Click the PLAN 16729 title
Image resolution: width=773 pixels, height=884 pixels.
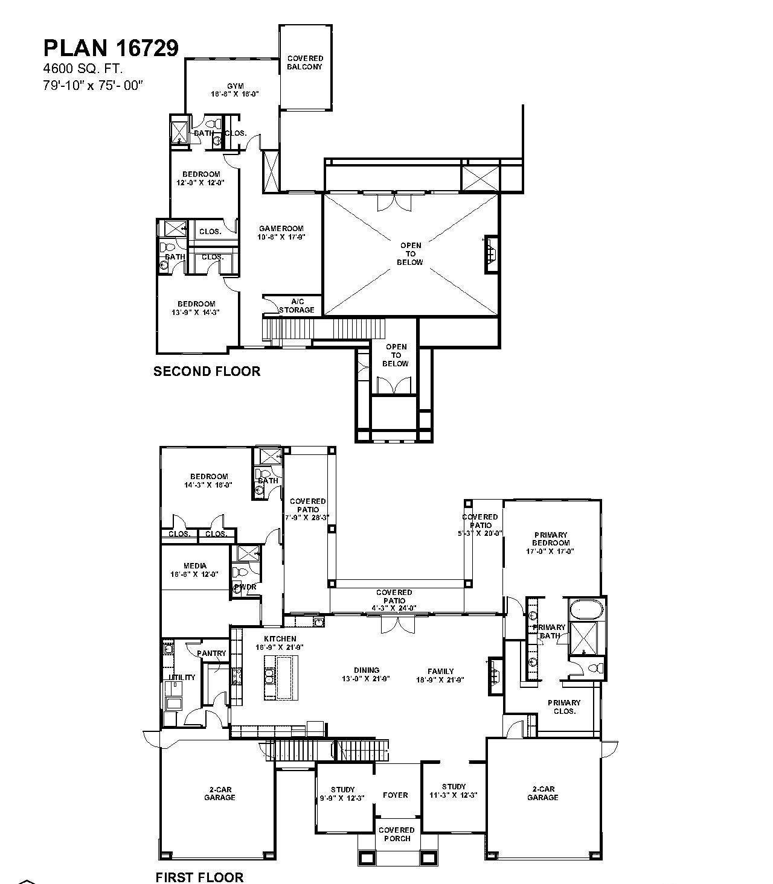pos(111,48)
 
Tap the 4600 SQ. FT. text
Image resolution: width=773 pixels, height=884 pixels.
pos(83,69)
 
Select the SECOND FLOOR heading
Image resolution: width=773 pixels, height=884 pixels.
pos(207,371)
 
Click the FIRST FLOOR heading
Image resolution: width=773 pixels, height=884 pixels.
pos(199,877)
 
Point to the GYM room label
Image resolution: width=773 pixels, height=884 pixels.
pos(235,86)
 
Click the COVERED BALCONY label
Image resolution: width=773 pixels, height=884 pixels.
pos(304,63)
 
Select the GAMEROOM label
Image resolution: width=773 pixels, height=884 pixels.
pos(281,229)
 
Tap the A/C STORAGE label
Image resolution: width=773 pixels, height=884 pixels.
pos(297,306)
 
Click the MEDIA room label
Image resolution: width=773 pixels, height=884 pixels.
pos(194,566)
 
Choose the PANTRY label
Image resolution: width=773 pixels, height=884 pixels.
pos(211,653)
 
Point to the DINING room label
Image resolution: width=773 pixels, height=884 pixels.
pos(367,670)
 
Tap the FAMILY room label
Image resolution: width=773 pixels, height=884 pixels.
pos(440,671)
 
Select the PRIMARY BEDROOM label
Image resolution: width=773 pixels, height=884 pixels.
pos(551,539)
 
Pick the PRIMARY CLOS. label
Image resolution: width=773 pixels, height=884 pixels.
pos(563,707)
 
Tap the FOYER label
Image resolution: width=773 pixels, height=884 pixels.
pos(396,795)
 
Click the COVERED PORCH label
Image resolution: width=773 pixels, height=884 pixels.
pos(397,834)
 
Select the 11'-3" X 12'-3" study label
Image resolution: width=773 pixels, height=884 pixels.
pos(453,795)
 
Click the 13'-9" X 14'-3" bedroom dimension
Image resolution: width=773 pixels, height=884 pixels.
pos(196,313)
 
